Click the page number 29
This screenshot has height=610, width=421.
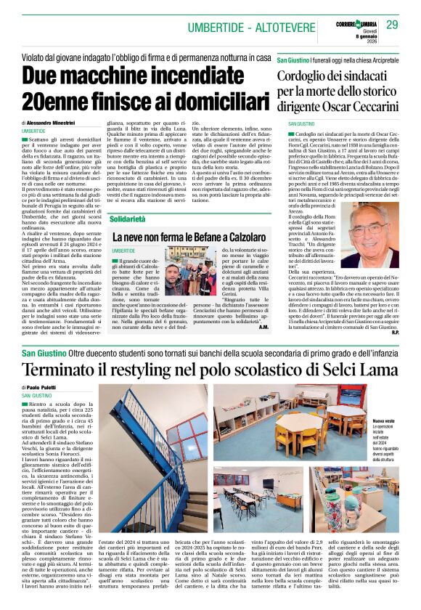[x=393, y=25]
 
